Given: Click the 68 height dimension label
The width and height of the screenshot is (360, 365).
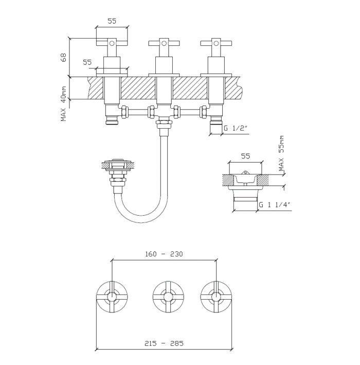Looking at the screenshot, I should click(64, 57).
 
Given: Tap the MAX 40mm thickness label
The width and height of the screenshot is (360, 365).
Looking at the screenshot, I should click(64, 103).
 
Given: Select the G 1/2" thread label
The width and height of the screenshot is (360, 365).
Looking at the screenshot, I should click(236, 129).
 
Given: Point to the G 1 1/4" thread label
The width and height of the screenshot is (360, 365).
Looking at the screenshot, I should click(274, 204).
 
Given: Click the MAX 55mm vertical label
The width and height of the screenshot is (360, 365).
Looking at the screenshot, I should click(281, 153).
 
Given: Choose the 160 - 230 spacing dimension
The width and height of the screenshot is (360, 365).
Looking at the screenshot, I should click(164, 254).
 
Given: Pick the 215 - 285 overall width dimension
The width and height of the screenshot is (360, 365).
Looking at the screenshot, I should click(164, 343).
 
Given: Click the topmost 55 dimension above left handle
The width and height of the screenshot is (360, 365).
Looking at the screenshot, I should click(112, 21).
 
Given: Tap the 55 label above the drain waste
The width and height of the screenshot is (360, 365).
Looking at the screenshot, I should click(245, 155).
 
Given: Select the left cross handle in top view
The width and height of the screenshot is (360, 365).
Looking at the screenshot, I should click(112, 297).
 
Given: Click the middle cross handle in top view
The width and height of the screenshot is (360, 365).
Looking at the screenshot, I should click(168, 297).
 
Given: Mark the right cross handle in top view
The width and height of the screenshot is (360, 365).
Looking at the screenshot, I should click(216, 297).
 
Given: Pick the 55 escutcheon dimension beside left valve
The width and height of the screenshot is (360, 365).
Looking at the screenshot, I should click(87, 62).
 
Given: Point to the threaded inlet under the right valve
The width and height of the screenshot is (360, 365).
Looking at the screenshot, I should click(215, 123).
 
